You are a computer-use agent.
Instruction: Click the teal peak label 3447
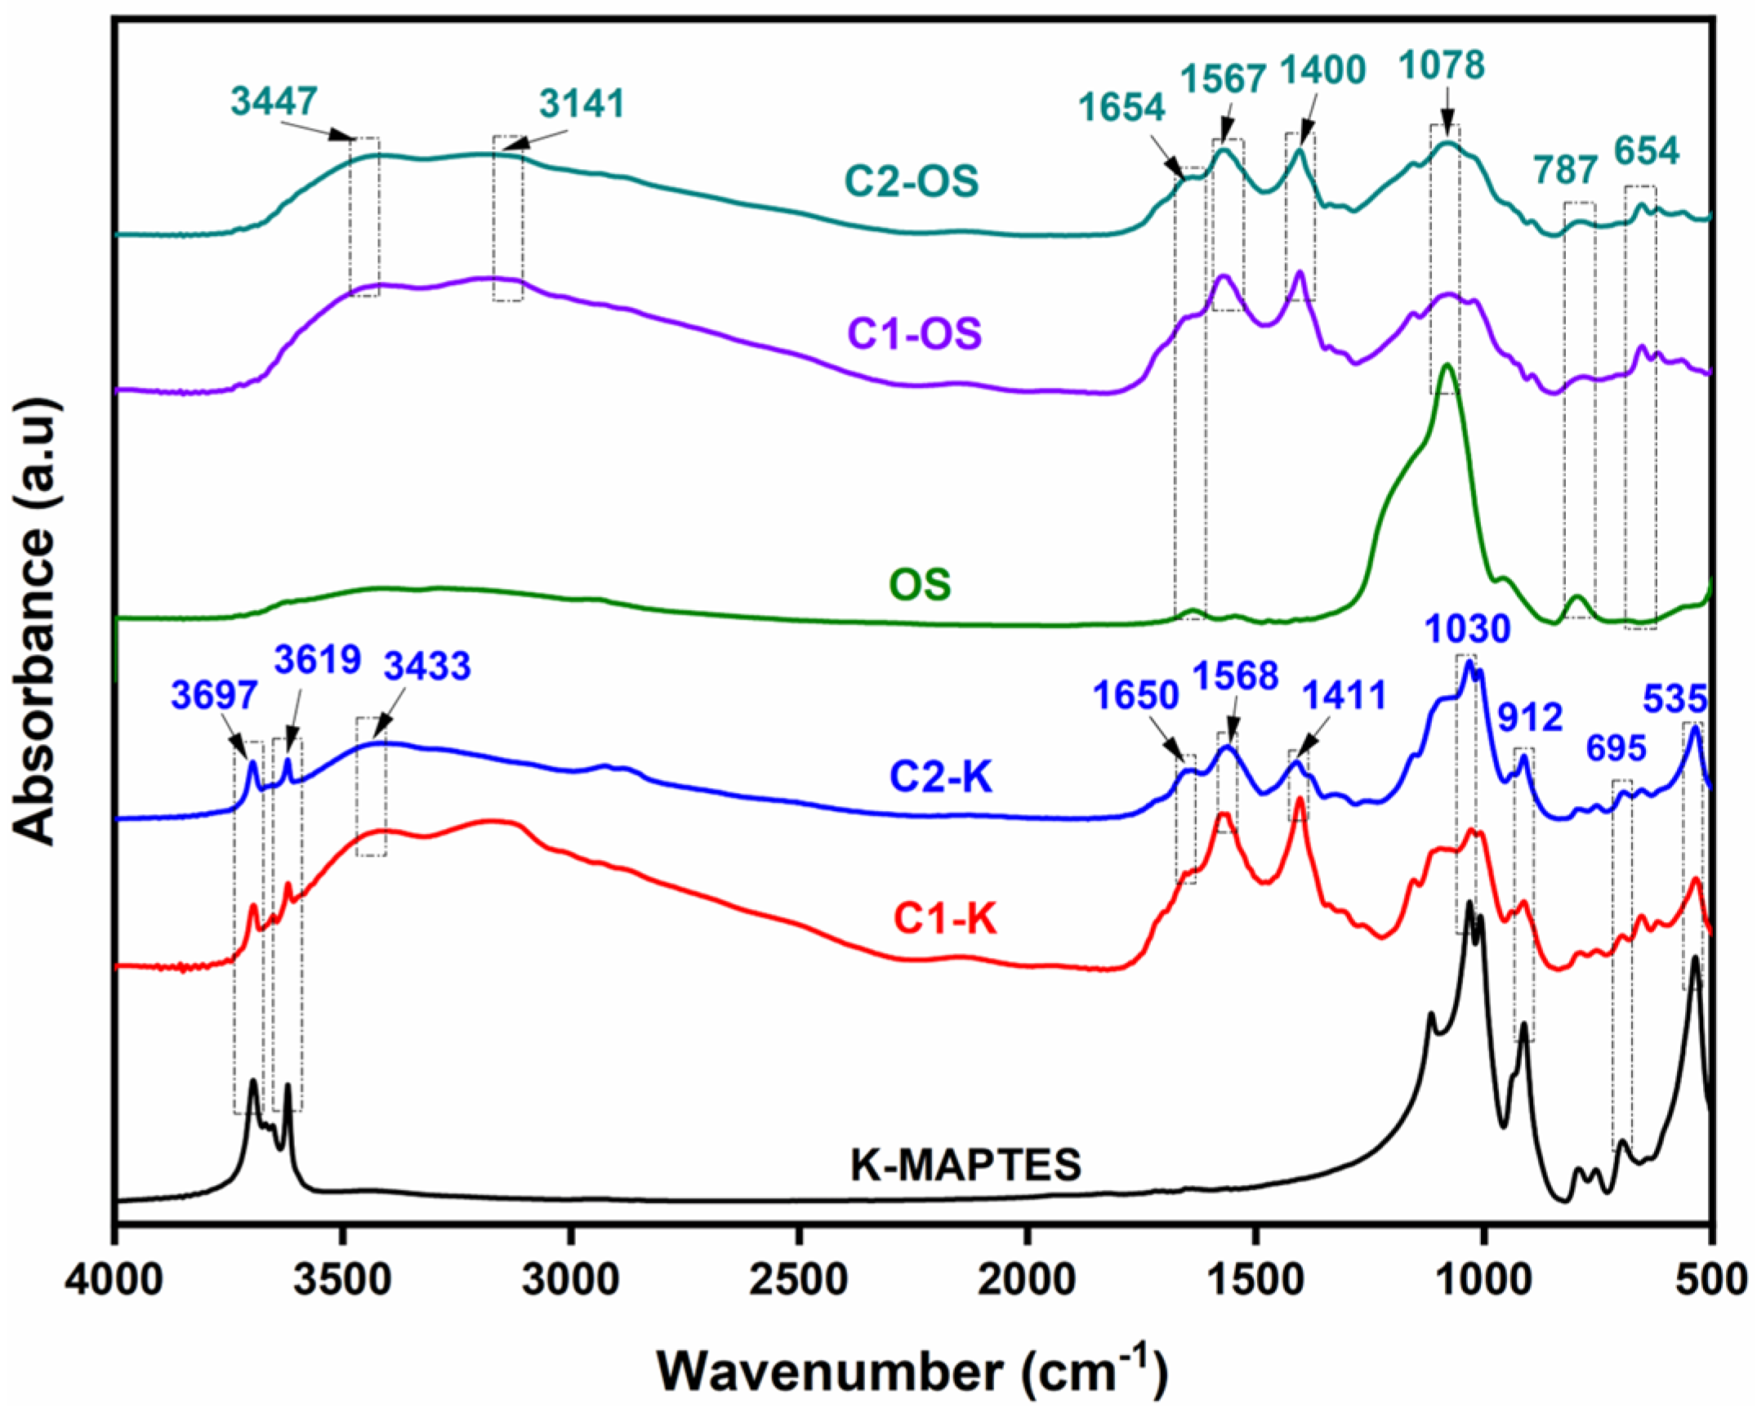(273, 101)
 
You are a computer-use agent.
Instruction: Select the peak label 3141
(582, 105)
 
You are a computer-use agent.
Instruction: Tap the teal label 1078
(1442, 65)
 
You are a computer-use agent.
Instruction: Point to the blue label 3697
(214, 697)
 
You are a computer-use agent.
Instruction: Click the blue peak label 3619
(317, 660)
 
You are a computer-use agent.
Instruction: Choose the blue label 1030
(1467, 630)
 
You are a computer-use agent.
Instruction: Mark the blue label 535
(1675, 699)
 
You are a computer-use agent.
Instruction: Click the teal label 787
(1565, 171)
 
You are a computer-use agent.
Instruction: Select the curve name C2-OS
(912, 181)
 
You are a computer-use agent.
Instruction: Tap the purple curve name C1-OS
(915, 334)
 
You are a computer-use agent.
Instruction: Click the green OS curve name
(920, 585)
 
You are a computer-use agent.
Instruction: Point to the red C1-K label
(944, 920)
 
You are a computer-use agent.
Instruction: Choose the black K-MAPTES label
(965, 1166)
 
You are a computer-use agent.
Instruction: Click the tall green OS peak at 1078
(1447, 368)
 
